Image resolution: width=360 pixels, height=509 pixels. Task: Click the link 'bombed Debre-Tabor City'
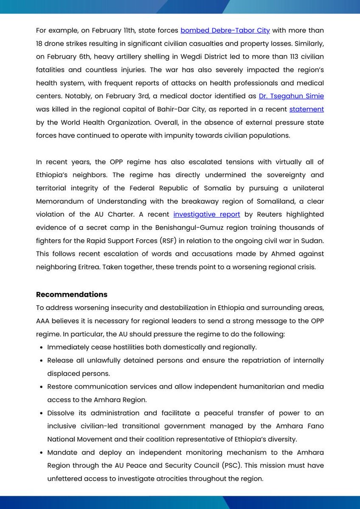pos(225,31)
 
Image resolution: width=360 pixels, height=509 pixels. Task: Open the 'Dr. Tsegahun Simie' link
pos(291,96)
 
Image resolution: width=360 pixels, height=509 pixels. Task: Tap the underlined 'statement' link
pos(307,109)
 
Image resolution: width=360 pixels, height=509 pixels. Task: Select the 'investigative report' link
pos(207,214)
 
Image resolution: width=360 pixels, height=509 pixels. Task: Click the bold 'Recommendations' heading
pos(71,294)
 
